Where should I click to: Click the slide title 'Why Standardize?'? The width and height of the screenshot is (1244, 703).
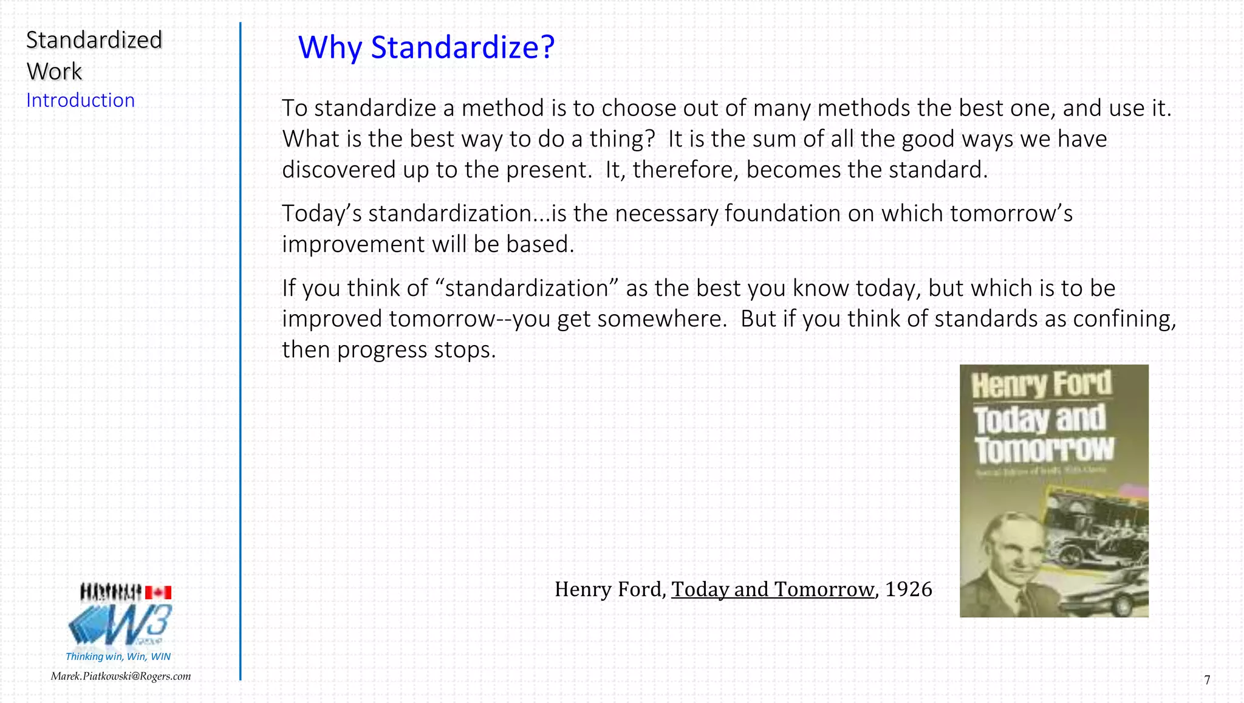pyautogui.click(x=426, y=47)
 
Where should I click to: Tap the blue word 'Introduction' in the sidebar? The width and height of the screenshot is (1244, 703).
pyautogui.click(x=80, y=100)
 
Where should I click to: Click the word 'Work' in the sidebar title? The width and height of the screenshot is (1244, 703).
pyautogui.click(x=54, y=72)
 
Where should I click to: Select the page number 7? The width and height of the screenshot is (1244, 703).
pyautogui.click(x=1207, y=680)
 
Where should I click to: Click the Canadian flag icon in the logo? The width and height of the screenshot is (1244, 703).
pyautogui.click(x=159, y=592)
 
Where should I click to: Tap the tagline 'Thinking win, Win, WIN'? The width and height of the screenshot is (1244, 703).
pyautogui.click(x=118, y=656)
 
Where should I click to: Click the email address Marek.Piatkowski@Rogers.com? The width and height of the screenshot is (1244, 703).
pyautogui.click(x=120, y=676)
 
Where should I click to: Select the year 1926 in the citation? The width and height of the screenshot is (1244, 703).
pyautogui.click(x=908, y=589)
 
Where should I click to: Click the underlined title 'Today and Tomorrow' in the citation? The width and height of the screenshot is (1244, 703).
pyautogui.click(x=773, y=589)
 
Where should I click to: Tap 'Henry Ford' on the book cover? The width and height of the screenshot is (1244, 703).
pyautogui.click(x=1041, y=384)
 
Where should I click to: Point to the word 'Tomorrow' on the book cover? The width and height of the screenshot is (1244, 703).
pyautogui.click(x=1044, y=450)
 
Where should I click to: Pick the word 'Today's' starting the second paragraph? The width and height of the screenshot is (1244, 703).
pyautogui.click(x=321, y=214)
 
